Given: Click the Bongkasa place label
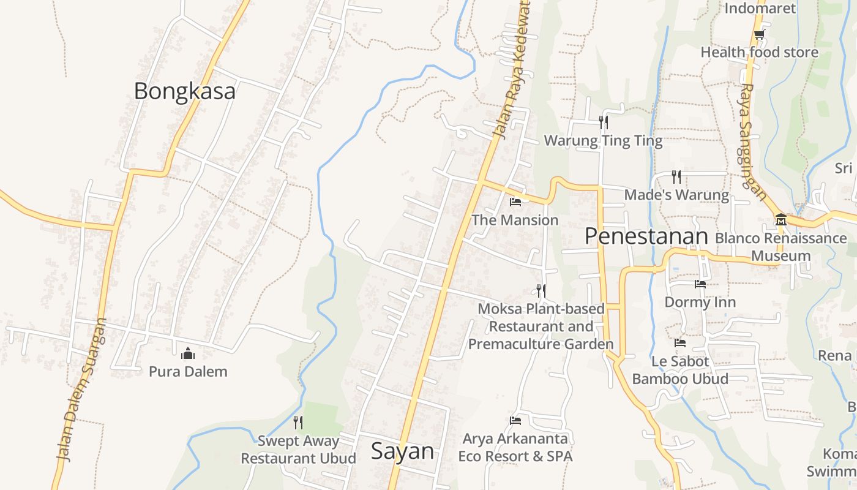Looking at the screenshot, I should [184, 91].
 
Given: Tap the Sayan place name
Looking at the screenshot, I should [402, 451].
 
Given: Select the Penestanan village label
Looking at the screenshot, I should [646, 236].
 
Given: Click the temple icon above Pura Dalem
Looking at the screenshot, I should [188, 353].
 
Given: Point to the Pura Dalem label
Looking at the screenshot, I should [188, 371].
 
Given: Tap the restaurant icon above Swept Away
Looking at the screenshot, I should [298, 422].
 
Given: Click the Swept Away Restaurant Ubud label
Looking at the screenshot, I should [298, 449].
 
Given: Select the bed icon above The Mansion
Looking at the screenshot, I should [515, 202].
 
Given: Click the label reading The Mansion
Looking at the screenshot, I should [515, 220].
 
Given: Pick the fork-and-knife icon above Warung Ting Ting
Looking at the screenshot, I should [604, 122].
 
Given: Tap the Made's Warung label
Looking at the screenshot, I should [676, 195].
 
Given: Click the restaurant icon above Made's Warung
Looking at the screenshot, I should [676, 177].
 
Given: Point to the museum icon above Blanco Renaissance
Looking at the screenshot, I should [780, 219].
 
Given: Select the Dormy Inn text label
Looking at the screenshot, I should [700, 302].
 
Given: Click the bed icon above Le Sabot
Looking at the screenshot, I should [680, 343].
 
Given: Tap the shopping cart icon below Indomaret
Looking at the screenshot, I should [759, 34].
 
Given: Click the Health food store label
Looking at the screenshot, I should [759, 52].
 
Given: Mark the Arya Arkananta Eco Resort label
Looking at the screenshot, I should [515, 448].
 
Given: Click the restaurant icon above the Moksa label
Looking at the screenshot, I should [541, 290].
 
